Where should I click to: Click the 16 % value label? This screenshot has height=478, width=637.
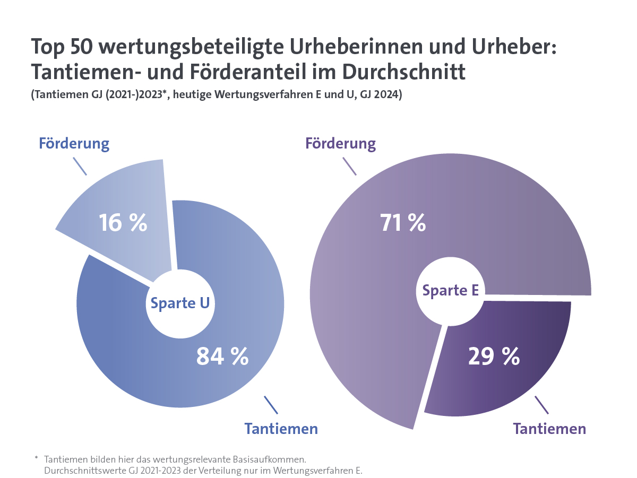[x=123, y=223]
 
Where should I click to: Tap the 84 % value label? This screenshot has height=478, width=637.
[x=222, y=356]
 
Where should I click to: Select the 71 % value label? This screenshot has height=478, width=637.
[x=402, y=223]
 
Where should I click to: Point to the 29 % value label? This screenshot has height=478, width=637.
[x=494, y=356]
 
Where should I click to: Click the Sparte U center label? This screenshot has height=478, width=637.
[x=180, y=303]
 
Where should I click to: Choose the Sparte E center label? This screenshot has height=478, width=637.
[x=450, y=290]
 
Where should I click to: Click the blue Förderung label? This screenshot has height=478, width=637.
[x=74, y=143]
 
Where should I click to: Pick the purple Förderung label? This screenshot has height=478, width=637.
[x=340, y=143]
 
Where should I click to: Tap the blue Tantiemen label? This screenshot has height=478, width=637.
[x=281, y=429]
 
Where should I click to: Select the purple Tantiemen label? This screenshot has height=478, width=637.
[x=549, y=429]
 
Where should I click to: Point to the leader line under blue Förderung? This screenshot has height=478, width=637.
[x=80, y=166]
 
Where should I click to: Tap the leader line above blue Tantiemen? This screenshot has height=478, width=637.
[x=271, y=405]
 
